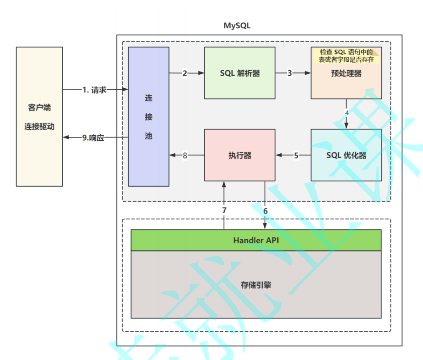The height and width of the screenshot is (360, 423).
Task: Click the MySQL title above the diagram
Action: click(237, 26)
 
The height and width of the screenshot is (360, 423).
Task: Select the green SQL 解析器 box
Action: click(240, 73)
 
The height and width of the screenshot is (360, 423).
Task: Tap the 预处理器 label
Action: click(346, 73)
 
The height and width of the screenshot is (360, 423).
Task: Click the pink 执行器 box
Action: click(240, 155)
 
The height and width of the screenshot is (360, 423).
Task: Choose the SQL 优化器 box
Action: click(346, 155)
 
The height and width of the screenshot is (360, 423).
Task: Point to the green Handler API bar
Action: click(256, 240)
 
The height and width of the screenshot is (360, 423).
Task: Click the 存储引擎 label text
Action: click(256, 285)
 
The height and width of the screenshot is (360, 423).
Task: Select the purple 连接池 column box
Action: click(149, 117)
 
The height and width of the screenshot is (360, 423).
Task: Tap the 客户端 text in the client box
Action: click(39, 108)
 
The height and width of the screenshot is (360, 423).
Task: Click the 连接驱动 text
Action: click(39, 126)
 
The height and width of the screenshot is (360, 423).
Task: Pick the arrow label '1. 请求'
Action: click(94, 90)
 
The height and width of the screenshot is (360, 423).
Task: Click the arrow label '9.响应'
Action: click(93, 137)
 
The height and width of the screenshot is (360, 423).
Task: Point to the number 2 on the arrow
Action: click(184, 73)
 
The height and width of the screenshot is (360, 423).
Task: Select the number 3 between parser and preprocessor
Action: click(290, 73)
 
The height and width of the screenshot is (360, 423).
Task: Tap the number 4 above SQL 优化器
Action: click(347, 113)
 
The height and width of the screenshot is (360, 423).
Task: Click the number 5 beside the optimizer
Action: click(296, 156)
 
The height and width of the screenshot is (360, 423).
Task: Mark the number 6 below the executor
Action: click(265, 210)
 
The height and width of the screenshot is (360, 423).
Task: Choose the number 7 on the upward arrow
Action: click(224, 210)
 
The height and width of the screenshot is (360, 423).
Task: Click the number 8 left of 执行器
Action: click(185, 156)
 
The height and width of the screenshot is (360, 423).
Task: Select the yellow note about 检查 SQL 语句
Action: click(346, 55)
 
